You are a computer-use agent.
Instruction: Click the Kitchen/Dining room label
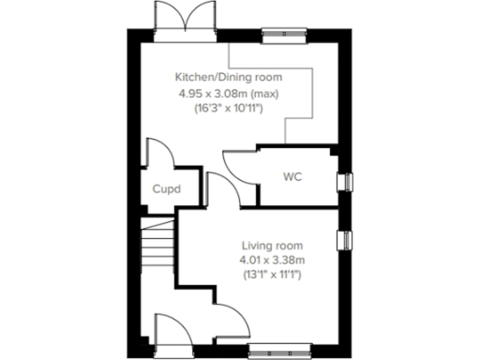tap(229, 77)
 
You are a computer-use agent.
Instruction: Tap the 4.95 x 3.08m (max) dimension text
tap(229, 93)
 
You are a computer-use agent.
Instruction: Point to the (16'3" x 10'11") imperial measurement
tap(229, 109)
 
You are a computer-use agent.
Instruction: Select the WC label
tap(292, 176)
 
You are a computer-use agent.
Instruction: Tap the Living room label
tap(270, 245)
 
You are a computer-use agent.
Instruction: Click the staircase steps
tap(156, 248)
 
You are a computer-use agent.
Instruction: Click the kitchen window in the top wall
tap(282, 37)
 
